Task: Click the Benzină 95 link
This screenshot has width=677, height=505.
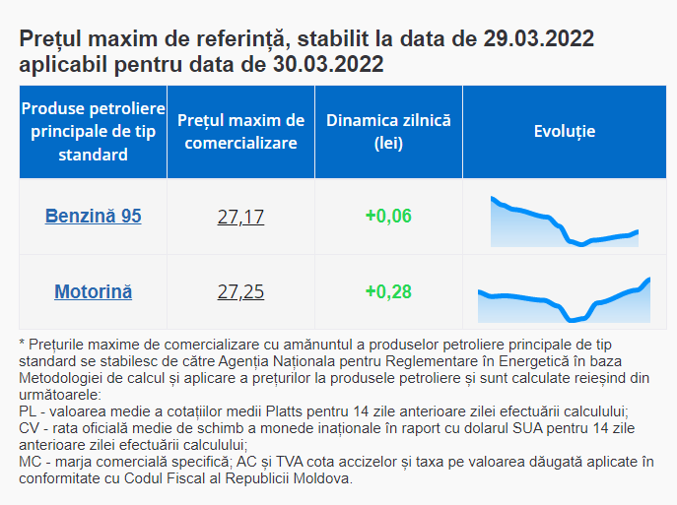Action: [x=94, y=216]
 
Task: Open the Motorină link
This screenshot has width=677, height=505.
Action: [x=94, y=291]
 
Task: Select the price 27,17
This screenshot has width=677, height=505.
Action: [x=240, y=217]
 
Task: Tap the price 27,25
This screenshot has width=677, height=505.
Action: [x=240, y=292]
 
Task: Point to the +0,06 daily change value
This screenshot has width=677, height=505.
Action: [x=388, y=217]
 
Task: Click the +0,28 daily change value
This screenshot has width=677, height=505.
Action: [x=388, y=292]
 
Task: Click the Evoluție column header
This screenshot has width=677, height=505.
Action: [x=564, y=132]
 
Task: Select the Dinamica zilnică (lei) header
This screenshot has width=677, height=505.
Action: [x=388, y=132]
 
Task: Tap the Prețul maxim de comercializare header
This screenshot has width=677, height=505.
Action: [x=240, y=132]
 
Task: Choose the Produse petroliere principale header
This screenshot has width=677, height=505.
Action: [x=94, y=132]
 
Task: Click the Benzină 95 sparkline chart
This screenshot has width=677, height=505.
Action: [x=564, y=222]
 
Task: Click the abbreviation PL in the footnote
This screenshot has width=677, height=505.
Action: [x=29, y=410]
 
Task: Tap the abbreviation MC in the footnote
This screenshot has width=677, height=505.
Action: [x=31, y=461]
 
